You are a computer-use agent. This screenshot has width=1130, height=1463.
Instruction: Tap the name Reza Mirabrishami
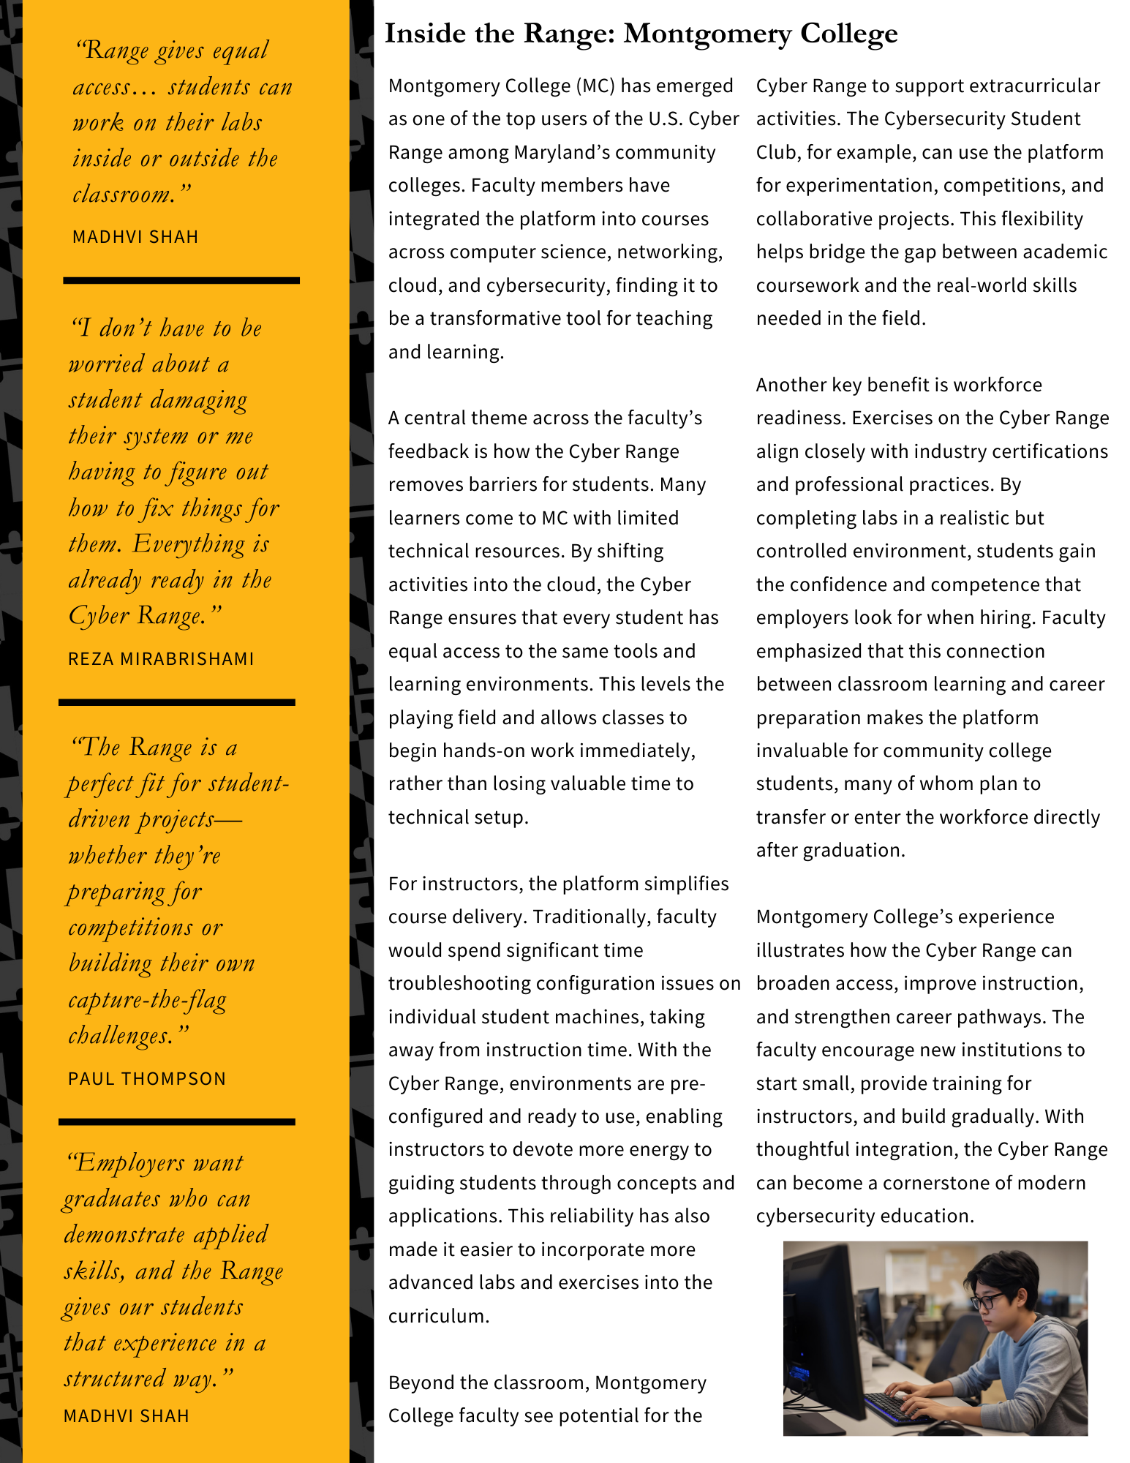tap(161, 659)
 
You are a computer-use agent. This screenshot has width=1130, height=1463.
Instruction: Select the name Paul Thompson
tap(147, 1079)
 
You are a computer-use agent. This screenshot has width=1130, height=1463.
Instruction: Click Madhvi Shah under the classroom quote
tap(135, 237)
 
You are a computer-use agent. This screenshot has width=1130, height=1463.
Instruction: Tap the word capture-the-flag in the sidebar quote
tap(147, 1000)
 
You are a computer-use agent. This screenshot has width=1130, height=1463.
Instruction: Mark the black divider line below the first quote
tap(181, 280)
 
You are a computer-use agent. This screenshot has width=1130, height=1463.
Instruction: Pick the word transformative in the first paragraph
tap(505, 318)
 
